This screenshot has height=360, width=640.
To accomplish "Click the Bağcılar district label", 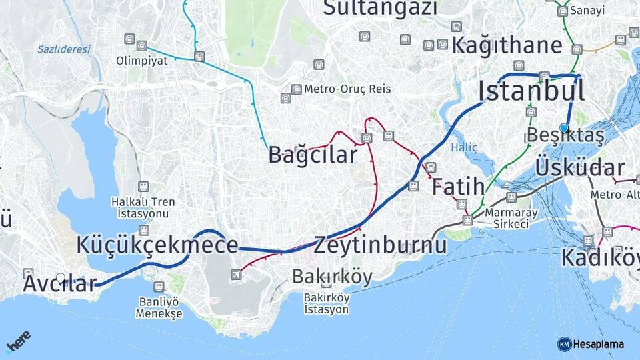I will click(313, 155).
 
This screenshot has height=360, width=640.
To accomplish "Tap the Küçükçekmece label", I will click(157, 245).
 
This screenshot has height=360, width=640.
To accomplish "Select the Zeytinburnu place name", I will click(380, 245).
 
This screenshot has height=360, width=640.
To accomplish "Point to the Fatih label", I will click(458, 187).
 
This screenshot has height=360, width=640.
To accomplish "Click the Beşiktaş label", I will click(565, 135).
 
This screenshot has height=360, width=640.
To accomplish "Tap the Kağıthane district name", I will click(507, 45).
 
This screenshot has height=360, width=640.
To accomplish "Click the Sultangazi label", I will click(381, 8).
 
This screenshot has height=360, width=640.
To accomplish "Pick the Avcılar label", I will click(60, 283).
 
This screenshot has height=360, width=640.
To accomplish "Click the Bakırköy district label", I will click(332, 276).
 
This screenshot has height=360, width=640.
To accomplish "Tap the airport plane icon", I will click(236, 275).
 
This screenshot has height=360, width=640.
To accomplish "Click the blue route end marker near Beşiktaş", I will click(564, 128).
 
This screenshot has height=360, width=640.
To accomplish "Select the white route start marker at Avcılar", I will click(61, 278).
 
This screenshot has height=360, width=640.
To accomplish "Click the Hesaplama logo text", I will click(598, 344).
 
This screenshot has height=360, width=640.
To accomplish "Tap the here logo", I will click(18, 341).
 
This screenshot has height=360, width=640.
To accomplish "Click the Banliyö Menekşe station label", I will click(159, 307).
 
